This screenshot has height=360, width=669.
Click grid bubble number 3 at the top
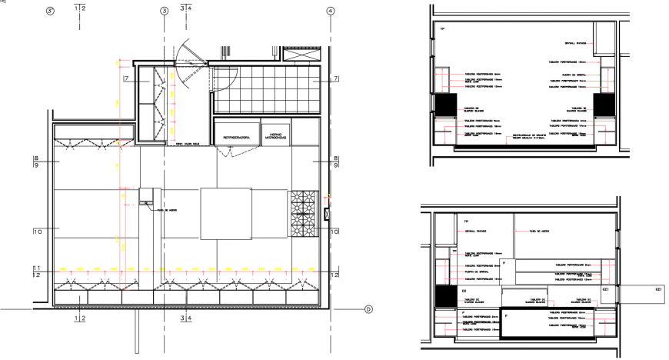tap(164, 11)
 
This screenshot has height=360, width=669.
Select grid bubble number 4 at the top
tap(330, 11)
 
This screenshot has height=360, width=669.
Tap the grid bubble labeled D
tap(368, 309)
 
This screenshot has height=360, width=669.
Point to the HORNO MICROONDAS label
tap(275, 135)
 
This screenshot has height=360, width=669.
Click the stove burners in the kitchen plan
tap(303, 213)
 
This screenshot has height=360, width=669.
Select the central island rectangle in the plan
tap(227, 214)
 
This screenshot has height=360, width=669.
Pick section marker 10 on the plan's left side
tap(36, 230)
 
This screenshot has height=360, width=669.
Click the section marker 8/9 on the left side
tap(36, 162)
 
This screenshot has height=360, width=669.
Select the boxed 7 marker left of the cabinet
tap(124, 79)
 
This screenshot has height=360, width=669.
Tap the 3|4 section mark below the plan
tap(185, 316)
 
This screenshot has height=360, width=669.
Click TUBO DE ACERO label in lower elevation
tap(531, 230)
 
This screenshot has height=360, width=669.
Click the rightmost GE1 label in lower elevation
tap(658, 290)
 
